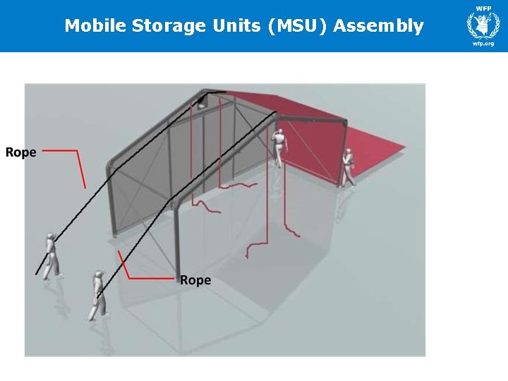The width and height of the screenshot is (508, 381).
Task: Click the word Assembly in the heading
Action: (x=378, y=27)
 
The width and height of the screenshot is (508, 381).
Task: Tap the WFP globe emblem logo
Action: (x=483, y=25)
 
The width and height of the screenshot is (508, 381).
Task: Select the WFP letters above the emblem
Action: (x=483, y=8)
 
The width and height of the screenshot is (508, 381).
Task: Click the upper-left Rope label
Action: (x=21, y=152)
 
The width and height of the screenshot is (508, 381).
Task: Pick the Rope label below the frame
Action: (x=195, y=280)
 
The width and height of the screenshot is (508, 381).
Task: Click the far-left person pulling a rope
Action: (x=51, y=255)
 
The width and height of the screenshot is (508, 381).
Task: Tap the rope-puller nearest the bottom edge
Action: (x=98, y=294)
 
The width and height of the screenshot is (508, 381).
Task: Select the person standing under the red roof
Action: (x=280, y=148)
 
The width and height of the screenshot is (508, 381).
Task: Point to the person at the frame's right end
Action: (x=348, y=168)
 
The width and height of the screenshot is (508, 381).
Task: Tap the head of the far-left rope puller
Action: (x=50, y=236)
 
